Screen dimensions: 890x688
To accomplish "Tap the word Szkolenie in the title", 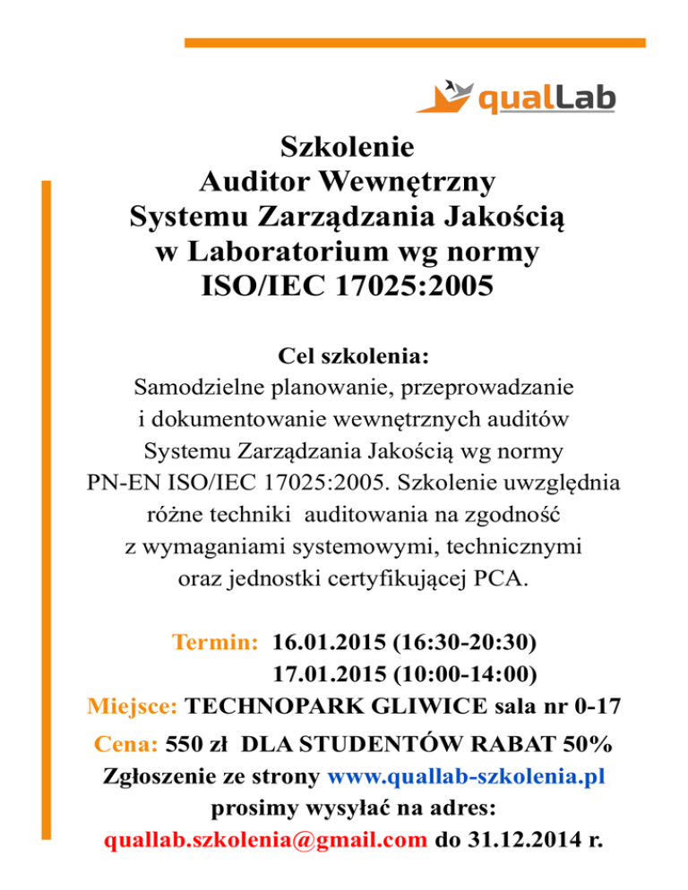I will coord(345,146).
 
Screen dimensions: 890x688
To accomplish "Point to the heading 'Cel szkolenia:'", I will coord(344,357).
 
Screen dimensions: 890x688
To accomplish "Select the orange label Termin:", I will coord(216,642).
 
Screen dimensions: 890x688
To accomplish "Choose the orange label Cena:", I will coord(126,744).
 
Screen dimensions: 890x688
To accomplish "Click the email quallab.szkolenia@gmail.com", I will coord(265,841).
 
